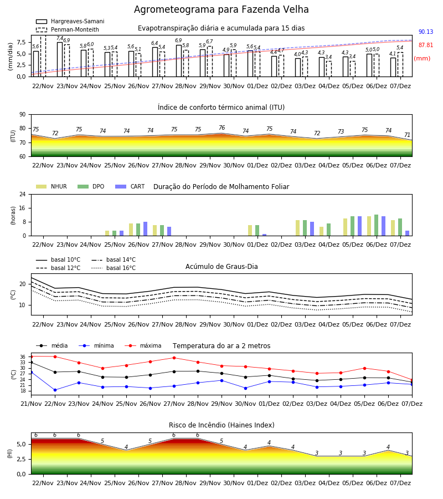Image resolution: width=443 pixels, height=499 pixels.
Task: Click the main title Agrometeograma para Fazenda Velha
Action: [221, 9]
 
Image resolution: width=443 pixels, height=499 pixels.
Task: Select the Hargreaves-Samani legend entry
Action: [70, 21]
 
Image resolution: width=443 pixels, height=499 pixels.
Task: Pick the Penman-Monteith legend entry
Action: [68, 29]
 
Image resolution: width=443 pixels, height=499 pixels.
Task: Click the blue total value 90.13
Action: [426, 32]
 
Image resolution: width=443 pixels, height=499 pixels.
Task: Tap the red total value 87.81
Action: [426, 45]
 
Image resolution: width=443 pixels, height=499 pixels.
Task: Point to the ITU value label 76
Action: [222, 128]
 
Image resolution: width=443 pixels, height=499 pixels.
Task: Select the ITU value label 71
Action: [407, 135]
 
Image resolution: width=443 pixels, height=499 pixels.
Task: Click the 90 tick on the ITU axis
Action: [23, 115]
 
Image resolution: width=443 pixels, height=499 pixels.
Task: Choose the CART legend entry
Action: [130, 186]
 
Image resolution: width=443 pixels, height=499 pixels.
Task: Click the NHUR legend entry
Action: [51, 186]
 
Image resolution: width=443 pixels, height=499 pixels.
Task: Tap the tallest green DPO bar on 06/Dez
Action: [376, 225]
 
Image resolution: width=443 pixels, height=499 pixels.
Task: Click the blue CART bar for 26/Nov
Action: [145, 229]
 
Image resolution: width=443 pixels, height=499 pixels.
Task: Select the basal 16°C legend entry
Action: [114, 268]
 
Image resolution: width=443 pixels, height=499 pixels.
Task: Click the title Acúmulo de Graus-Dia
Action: [221, 267]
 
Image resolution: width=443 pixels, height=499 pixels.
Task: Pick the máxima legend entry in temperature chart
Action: [143, 345]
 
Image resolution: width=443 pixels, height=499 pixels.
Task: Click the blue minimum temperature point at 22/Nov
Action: [55, 390]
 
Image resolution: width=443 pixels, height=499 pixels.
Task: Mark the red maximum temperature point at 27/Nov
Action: [174, 358]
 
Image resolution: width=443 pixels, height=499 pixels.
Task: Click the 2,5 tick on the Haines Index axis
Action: [21, 459]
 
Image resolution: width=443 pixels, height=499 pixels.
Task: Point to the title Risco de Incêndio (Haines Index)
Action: [221, 425]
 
